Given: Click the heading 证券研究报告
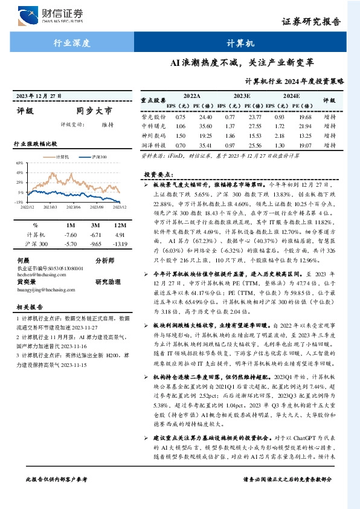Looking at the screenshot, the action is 320,22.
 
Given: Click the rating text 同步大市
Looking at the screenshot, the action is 94,111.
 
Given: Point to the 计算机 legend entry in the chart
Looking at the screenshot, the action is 63,156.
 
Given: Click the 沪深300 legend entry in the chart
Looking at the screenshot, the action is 98,156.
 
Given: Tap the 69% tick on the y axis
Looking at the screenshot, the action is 19,163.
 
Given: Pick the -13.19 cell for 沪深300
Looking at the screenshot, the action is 119,244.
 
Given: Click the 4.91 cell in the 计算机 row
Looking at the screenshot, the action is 119,234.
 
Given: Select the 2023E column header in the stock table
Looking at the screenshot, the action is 242,96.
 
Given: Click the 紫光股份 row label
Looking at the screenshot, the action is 153,116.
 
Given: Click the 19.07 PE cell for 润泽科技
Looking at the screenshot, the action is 305,146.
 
